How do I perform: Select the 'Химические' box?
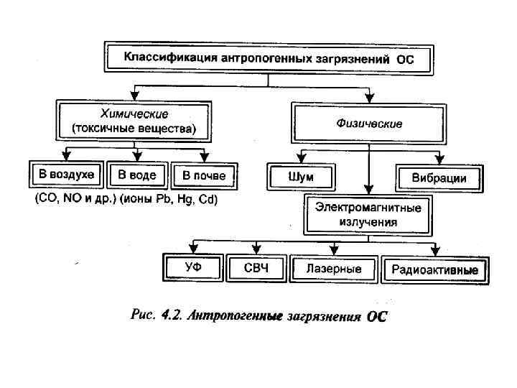tap(134, 121)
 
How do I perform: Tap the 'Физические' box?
tap(369, 123)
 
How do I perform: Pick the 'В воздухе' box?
tap(66, 175)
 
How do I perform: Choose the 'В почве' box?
tap(204, 175)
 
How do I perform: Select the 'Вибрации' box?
tap(439, 177)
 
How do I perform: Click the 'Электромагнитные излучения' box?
tap(368, 214)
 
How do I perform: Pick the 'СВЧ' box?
tap(256, 269)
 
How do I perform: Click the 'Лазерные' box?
tap(333, 269)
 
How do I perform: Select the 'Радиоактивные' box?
tap(435, 269)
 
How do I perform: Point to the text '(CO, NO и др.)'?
tap(75, 200)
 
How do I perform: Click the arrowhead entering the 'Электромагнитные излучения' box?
tap(369, 188)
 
